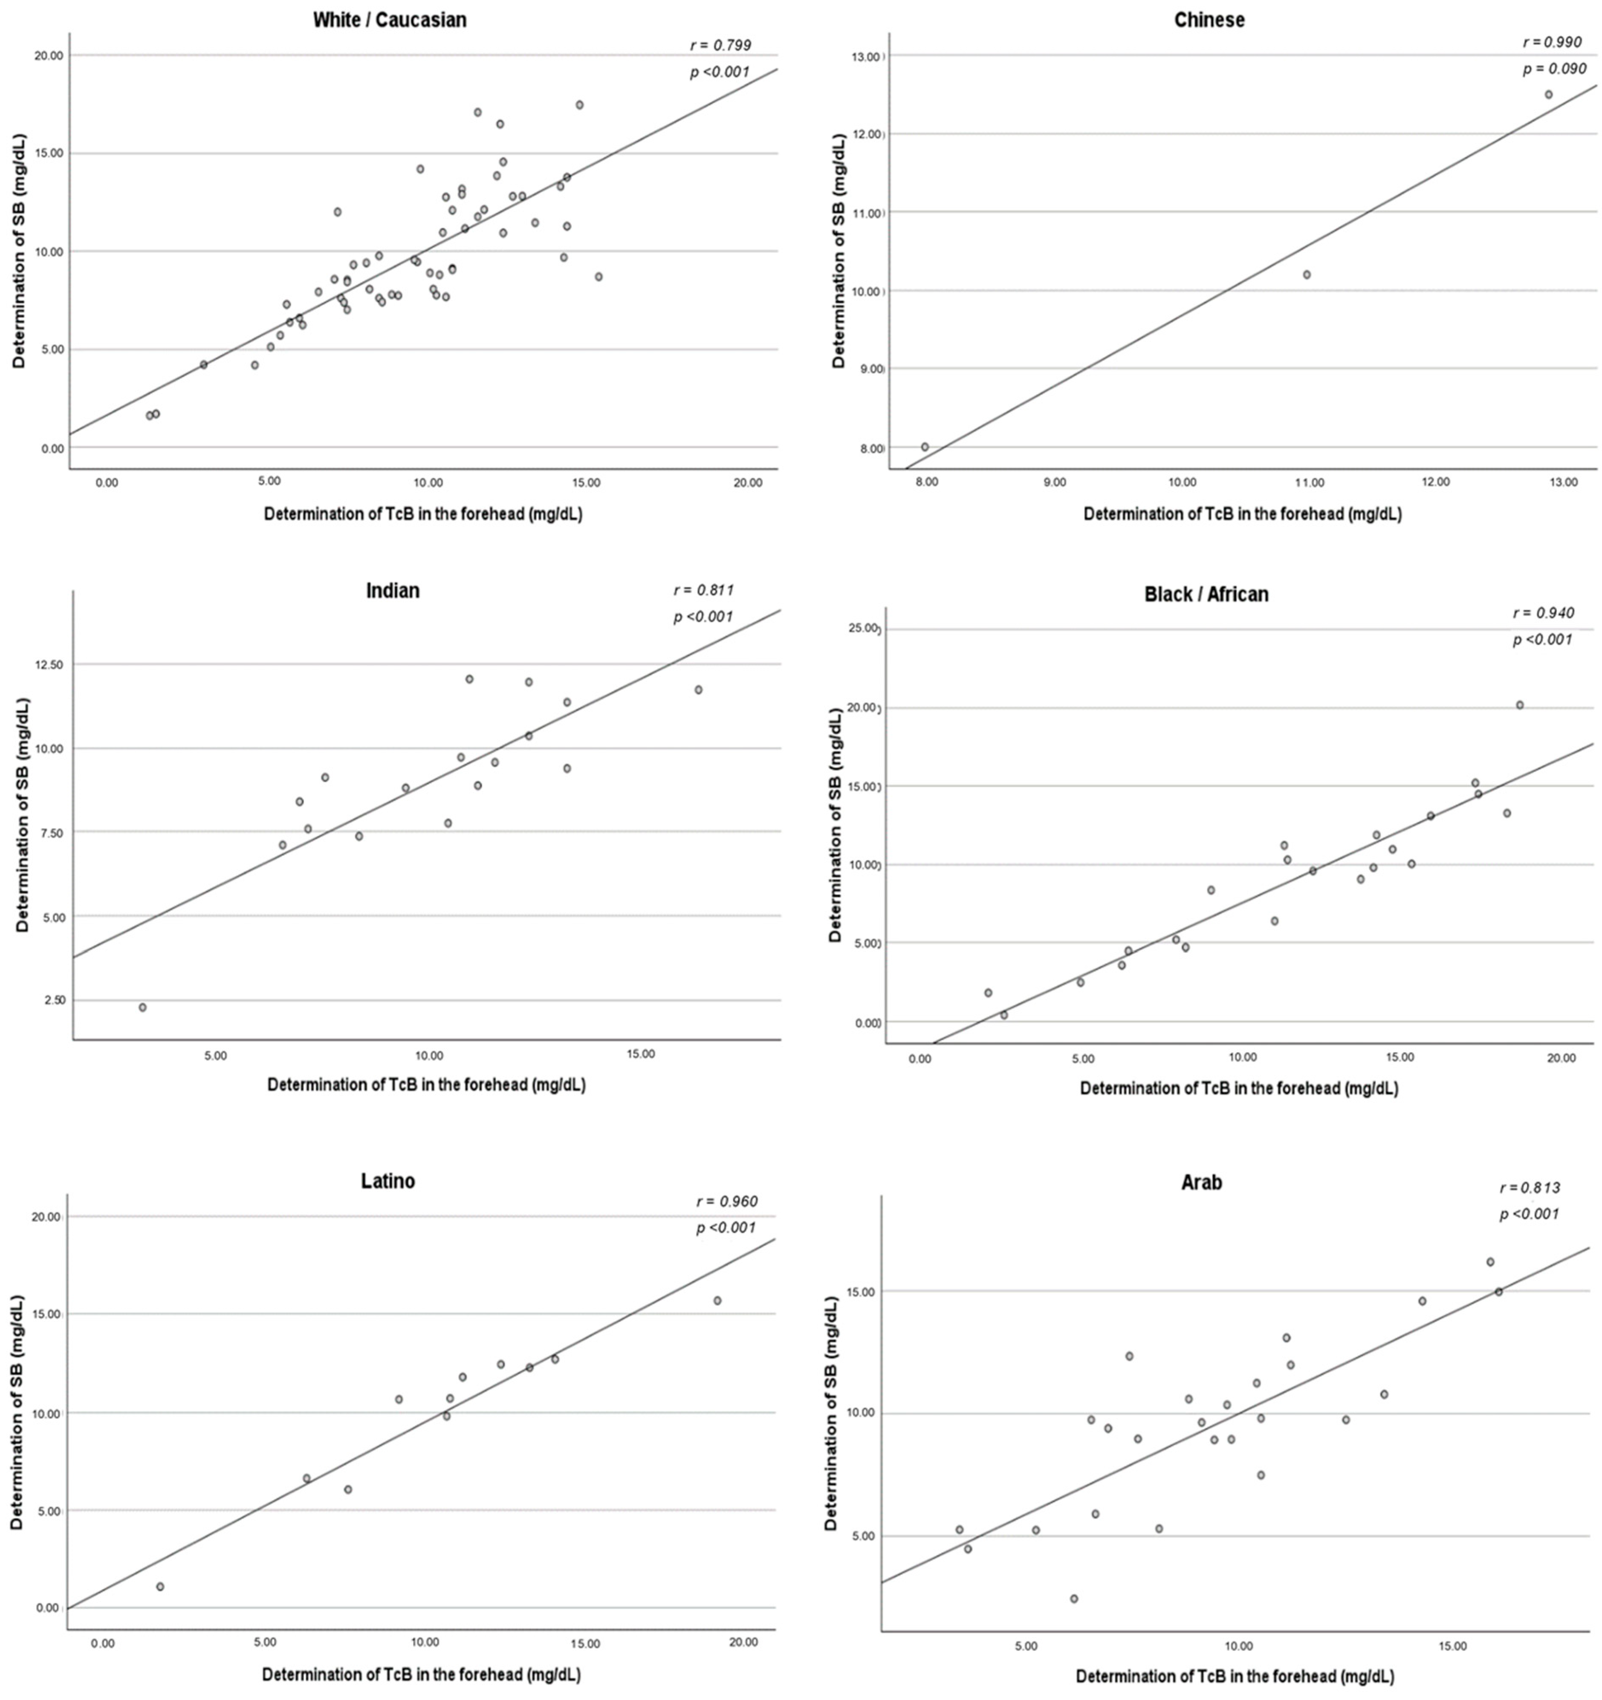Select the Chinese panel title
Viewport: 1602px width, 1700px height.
(1209, 20)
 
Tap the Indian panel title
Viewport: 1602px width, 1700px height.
(393, 590)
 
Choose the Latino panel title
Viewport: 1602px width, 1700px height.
(387, 1181)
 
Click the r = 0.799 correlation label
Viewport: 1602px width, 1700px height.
(720, 45)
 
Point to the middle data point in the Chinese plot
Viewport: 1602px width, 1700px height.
(1306, 274)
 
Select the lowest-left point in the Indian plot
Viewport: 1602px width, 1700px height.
(143, 1007)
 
